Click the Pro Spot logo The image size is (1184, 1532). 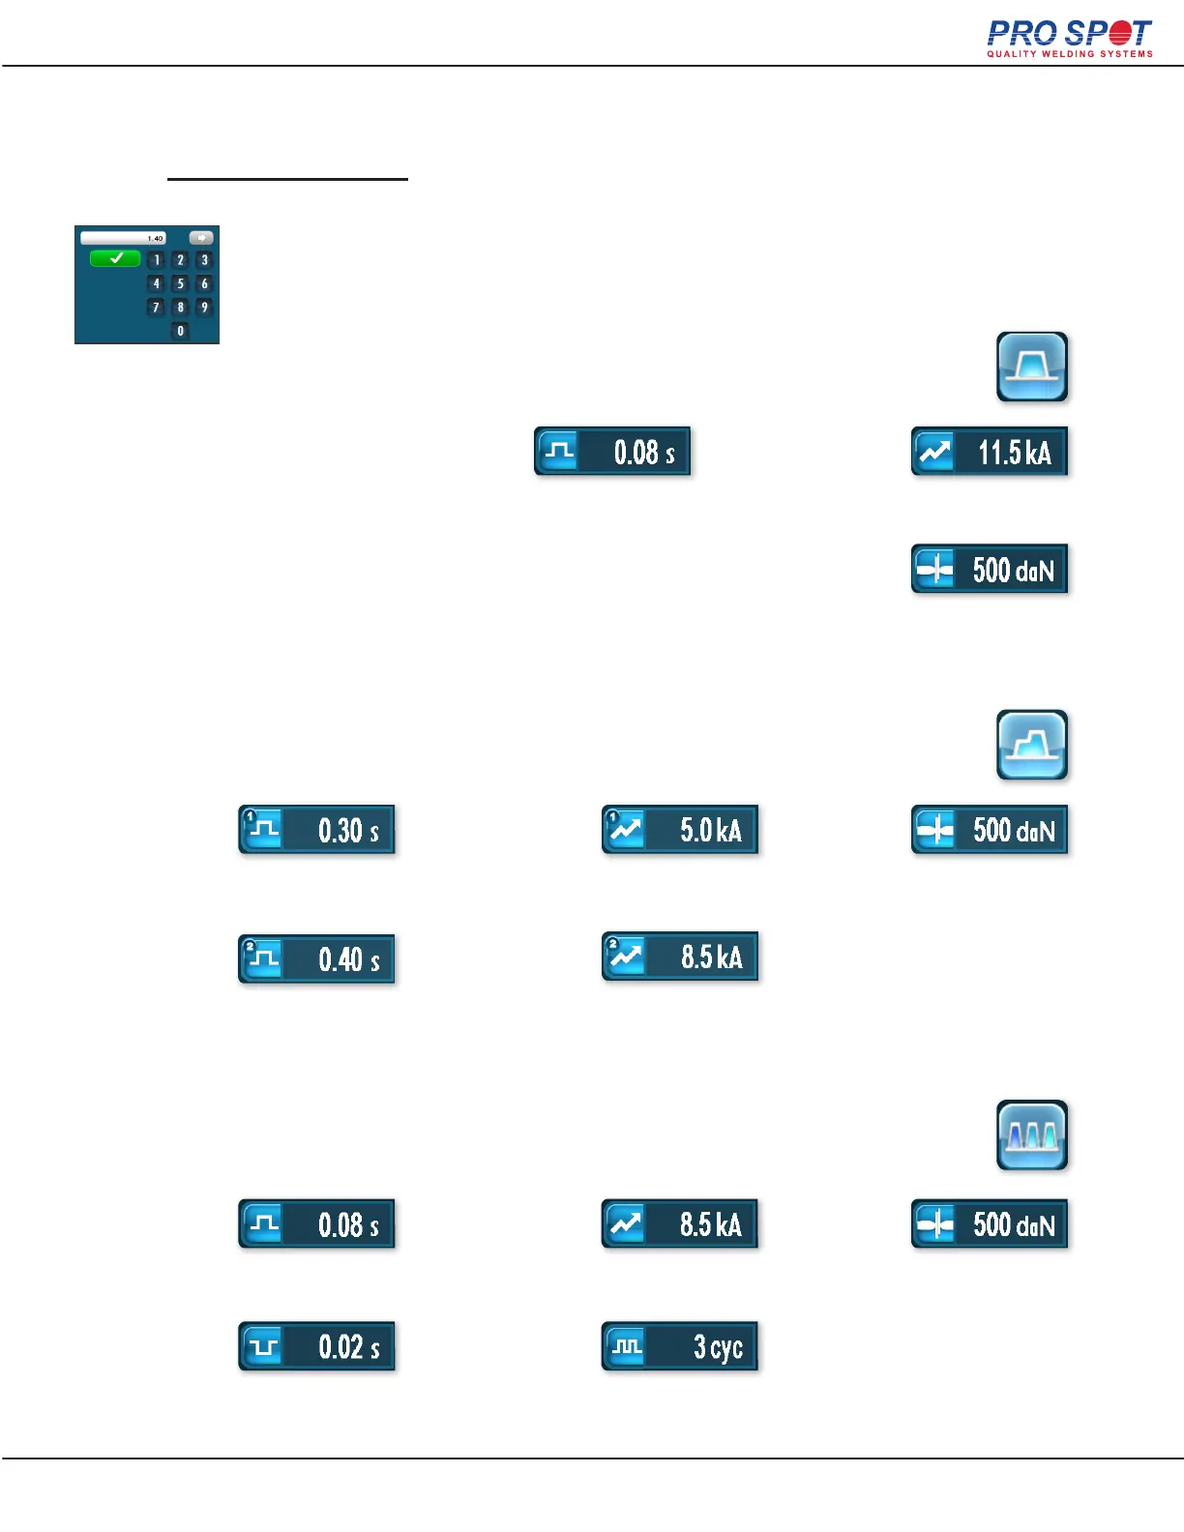point(1069,39)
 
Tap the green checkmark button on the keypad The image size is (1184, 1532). point(115,258)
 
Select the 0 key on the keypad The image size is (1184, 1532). point(180,331)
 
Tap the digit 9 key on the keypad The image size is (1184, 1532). point(203,308)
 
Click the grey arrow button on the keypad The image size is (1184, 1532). point(200,238)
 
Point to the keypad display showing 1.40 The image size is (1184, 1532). point(124,238)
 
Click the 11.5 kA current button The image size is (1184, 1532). point(989,452)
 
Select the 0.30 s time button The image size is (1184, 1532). point(316,830)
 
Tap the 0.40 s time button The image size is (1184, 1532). point(316,959)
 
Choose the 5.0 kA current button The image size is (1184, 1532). point(679,830)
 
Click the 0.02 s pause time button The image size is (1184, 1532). point(316,1346)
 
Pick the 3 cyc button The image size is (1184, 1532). point(679,1346)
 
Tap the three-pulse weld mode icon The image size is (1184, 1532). point(1032,1134)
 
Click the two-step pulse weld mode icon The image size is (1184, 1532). point(1032,745)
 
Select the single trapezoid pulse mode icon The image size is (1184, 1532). point(1032,367)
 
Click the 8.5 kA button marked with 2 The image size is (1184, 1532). point(679,957)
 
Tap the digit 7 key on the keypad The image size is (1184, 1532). point(156,308)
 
